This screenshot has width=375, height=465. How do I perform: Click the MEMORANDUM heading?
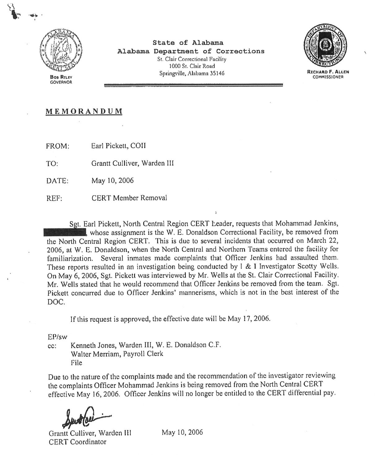pyautogui.click(x=84, y=111)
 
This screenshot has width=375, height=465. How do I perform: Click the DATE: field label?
pyautogui.click(x=57, y=181)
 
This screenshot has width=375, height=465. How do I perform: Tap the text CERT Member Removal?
pyautogui.click(x=129, y=198)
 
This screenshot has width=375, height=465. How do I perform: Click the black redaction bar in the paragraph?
pyautogui.click(x=65, y=232)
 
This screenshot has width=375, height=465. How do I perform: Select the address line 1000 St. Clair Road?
pyautogui.click(x=192, y=66)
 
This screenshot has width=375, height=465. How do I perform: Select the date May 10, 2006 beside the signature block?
pyautogui.click(x=182, y=432)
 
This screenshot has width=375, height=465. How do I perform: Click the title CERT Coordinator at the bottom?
pyautogui.click(x=77, y=442)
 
